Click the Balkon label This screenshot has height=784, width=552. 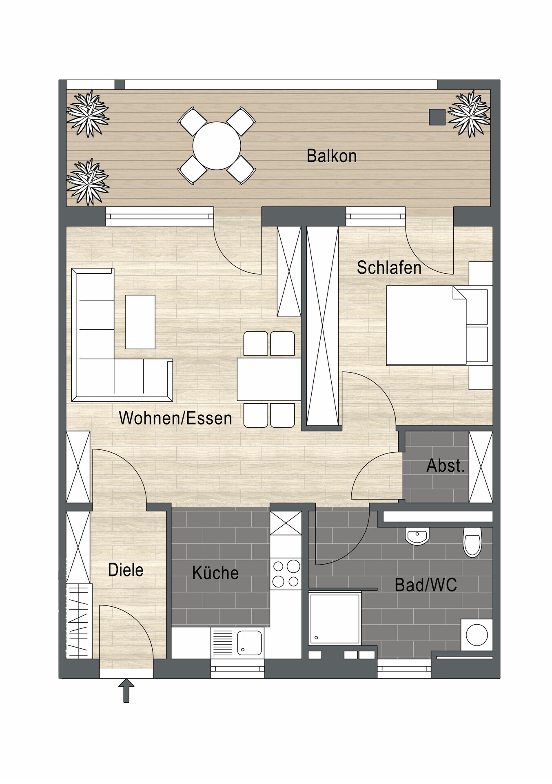332,156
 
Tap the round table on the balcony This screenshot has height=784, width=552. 217,145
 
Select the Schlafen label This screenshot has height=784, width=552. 389,268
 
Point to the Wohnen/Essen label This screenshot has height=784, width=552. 175,418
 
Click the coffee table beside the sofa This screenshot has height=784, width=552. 140,322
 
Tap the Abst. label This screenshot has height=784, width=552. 446,466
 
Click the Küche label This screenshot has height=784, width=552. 215,573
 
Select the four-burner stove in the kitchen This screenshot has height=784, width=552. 286,574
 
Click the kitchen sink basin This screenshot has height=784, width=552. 249,643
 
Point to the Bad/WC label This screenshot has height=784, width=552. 426,585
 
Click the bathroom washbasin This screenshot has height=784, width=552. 417,536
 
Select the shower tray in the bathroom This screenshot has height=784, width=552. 335,619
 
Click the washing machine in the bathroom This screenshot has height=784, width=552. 477,635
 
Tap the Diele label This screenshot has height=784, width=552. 126,570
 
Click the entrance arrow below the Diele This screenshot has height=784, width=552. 126,690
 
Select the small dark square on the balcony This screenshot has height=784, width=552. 437,117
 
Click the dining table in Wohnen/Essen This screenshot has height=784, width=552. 269,379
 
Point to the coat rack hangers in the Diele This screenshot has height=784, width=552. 79,621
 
